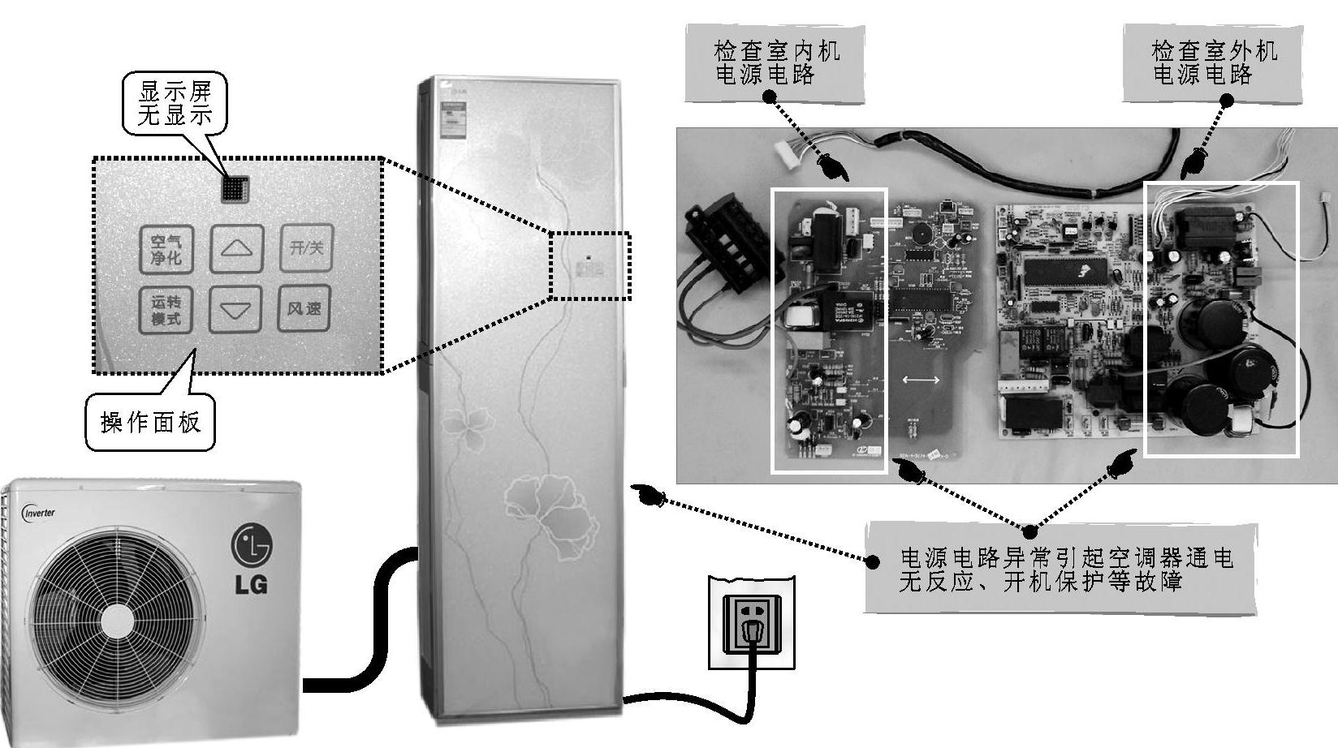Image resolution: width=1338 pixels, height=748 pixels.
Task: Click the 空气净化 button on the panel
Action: (166, 249)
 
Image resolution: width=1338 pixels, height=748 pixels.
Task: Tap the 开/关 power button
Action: (306, 247)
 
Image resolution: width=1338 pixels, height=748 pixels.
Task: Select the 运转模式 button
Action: (166, 310)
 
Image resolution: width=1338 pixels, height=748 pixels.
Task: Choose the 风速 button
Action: (304, 309)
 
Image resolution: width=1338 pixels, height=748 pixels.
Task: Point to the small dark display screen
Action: (235, 188)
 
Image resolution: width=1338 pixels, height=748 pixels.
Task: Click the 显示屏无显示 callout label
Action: (175, 103)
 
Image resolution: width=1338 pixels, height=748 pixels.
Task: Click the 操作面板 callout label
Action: (150, 422)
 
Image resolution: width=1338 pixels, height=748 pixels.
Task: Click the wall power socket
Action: (752, 623)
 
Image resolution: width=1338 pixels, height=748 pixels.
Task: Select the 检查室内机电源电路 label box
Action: (775, 63)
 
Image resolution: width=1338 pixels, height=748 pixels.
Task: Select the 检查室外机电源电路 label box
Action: (1214, 63)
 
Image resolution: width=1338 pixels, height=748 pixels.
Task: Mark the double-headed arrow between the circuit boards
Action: (921, 380)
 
